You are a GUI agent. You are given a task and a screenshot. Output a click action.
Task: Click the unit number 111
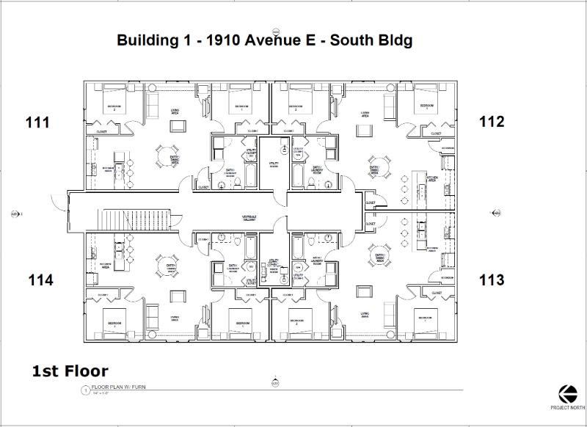[37, 122]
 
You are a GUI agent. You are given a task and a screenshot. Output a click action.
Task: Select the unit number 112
[492, 122]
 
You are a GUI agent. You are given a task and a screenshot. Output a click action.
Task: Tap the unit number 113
[492, 279]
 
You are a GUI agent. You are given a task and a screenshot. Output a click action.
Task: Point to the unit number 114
[40, 279]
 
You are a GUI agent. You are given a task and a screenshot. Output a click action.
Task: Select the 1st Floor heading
[70, 371]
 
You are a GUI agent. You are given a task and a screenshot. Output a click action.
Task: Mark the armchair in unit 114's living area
[177, 296]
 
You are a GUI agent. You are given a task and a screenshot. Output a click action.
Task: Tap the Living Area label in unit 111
[176, 110]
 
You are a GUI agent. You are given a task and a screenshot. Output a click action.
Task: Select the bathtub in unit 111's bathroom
[249, 175]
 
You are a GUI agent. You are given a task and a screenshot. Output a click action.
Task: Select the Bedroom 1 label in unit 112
[428, 106]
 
